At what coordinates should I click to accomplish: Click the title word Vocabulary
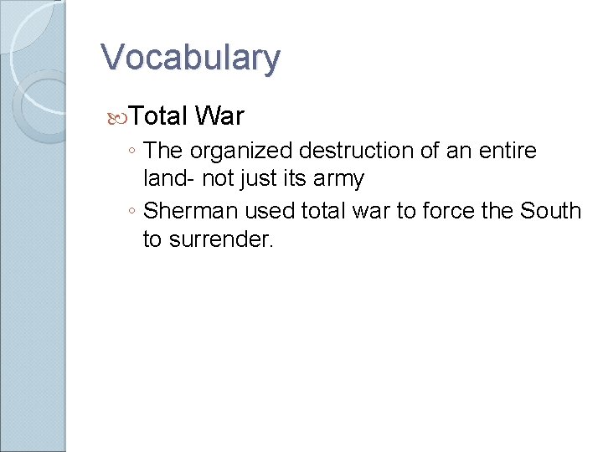click(190, 58)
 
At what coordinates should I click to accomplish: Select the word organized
click(242, 152)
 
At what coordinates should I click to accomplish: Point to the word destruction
click(355, 151)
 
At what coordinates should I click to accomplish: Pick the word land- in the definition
click(168, 178)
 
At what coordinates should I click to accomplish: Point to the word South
click(549, 210)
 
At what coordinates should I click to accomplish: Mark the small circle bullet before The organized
click(133, 152)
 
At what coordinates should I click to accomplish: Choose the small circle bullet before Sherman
click(133, 212)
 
